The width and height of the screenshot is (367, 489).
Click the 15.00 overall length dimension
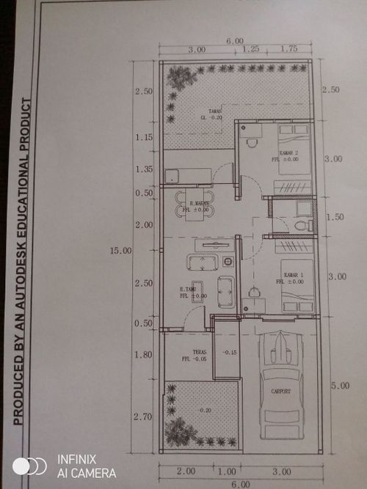tap(120, 251)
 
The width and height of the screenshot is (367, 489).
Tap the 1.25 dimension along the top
tap(251, 49)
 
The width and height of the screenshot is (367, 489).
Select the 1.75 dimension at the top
tap(289, 49)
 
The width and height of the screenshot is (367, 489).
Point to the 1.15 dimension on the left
tap(144, 137)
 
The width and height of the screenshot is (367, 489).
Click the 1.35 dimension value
tap(144, 169)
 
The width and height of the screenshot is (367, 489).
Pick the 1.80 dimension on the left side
tap(144, 355)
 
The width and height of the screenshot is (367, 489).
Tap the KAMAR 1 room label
tap(293, 276)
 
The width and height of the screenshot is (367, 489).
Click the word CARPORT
tap(280, 391)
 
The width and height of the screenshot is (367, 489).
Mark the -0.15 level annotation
tap(229, 353)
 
